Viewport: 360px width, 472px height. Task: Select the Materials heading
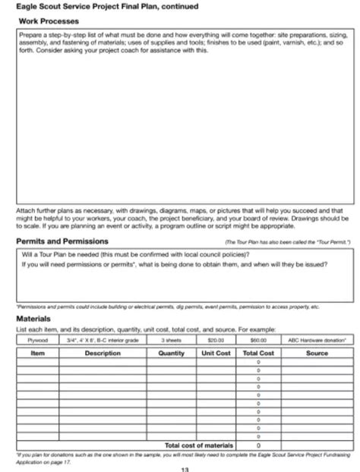click(x=33, y=319)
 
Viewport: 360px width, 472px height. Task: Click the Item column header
click(x=38, y=353)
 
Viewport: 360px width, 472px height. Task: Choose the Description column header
click(x=103, y=353)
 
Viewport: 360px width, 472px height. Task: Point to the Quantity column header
click(x=171, y=353)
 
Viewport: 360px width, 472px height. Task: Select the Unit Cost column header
click(x=216, y=353)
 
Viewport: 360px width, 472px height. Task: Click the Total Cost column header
click(x=258, y=353)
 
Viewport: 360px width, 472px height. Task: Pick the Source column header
click(x=317, y=353)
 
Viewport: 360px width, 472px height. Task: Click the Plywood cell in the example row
click(x=38, y=341)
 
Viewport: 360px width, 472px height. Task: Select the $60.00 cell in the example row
click(x=258, y=341)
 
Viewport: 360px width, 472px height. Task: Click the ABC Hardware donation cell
click(x=317, y=341)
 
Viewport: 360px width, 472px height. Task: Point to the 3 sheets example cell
click(x=171, y=341)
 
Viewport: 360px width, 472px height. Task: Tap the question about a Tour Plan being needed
click(x=137, y=254)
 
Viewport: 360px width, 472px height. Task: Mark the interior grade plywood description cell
click(x=103, y=341)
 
